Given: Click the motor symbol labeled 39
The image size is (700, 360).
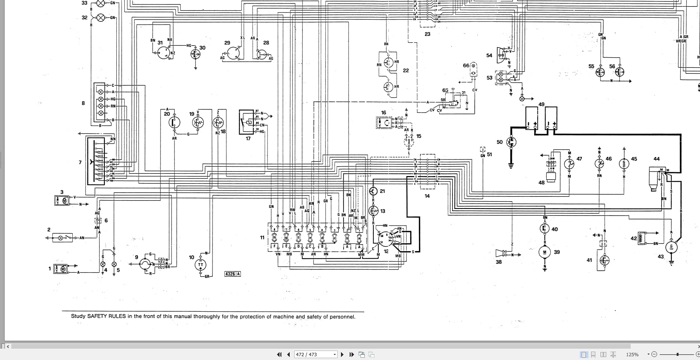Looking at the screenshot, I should click(544, 252).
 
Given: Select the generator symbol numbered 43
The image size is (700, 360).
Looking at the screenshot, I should click(671, 247).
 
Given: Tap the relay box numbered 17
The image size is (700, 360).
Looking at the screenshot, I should click(246, 122).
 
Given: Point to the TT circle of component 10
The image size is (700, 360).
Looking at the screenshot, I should click(200, 265).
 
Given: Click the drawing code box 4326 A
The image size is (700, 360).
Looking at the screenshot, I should click(232, 274).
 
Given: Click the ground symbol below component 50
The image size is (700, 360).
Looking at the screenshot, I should click(511, 165).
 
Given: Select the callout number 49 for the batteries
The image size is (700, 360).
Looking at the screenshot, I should click(541, 104).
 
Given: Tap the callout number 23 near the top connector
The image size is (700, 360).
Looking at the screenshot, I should click(427, 34).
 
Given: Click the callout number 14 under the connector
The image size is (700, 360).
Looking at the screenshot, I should click(427, 196).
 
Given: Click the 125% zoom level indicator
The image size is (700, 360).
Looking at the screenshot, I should click(632, 354).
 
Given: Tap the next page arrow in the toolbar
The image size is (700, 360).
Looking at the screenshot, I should click(342, 354).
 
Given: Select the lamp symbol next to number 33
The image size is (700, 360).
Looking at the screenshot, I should click(101, 4).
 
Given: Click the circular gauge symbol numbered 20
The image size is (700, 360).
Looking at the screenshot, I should click(174, 122).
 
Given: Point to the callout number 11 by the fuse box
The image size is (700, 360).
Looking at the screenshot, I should click(262, 237).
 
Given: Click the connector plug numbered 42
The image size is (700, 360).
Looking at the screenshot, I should click(642, 238).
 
